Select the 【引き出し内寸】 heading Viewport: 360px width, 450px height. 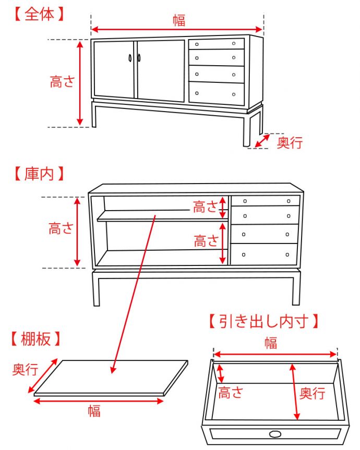[x=263, y=321]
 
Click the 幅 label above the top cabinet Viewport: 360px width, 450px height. [x=178, y=20]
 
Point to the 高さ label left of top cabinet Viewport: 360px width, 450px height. [x=62, y=82]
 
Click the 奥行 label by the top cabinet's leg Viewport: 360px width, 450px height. [x=290, y=142]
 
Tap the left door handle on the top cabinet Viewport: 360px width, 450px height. [x=130, y=58]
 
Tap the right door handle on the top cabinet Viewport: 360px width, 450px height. [x=139, y=58]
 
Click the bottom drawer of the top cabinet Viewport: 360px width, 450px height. [x=216, y=93]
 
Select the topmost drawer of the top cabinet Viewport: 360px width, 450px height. [x=216, y=44]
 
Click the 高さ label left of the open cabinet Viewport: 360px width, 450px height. [x=61, y=228]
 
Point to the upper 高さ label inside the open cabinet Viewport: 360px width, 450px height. [x=206, y=207]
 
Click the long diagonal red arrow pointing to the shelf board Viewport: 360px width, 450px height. [x=134, y=292]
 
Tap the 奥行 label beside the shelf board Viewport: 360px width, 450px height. [x=25, y=370]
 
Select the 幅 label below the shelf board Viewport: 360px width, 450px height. [x=94, y=411]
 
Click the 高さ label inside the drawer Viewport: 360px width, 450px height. [x=231, y=392]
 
